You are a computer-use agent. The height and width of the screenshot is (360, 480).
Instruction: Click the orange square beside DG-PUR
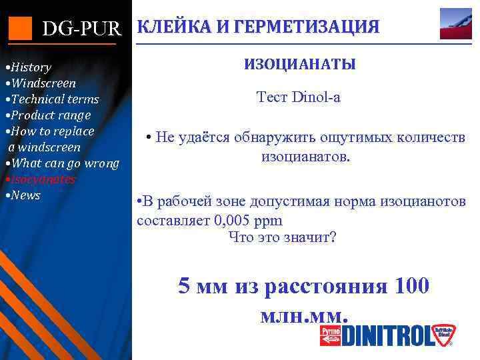20,27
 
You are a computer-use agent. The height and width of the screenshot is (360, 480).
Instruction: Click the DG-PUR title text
82,29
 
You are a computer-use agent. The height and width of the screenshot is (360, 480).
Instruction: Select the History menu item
29,67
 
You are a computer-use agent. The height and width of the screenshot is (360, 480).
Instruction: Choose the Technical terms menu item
53,99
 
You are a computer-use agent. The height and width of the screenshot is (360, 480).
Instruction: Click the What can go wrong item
63,163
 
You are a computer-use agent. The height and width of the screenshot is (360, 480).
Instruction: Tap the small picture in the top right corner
456,24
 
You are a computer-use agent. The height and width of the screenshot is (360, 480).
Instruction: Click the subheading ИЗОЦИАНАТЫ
299,65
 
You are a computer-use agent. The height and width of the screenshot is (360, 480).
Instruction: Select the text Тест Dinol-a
299,97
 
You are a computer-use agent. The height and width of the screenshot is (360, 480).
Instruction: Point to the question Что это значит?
282,237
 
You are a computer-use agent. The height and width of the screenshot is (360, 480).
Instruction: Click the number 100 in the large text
412,287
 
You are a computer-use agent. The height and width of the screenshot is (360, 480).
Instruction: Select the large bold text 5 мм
203,287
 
